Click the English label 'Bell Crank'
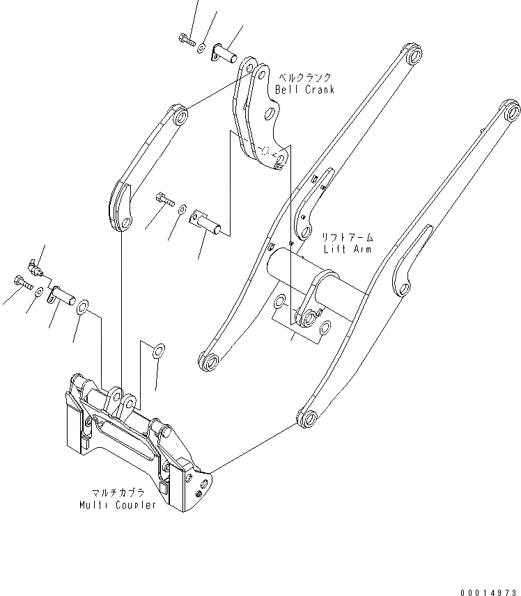(304, 90)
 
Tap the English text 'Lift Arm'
(347, 248)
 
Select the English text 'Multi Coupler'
(118, 504)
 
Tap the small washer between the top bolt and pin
(201, 48)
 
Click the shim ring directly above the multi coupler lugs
(158, 348)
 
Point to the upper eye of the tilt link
(180, 116)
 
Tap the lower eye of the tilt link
(125, 223)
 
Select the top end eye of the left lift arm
(414, 56)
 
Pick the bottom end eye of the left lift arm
(208, 362)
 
